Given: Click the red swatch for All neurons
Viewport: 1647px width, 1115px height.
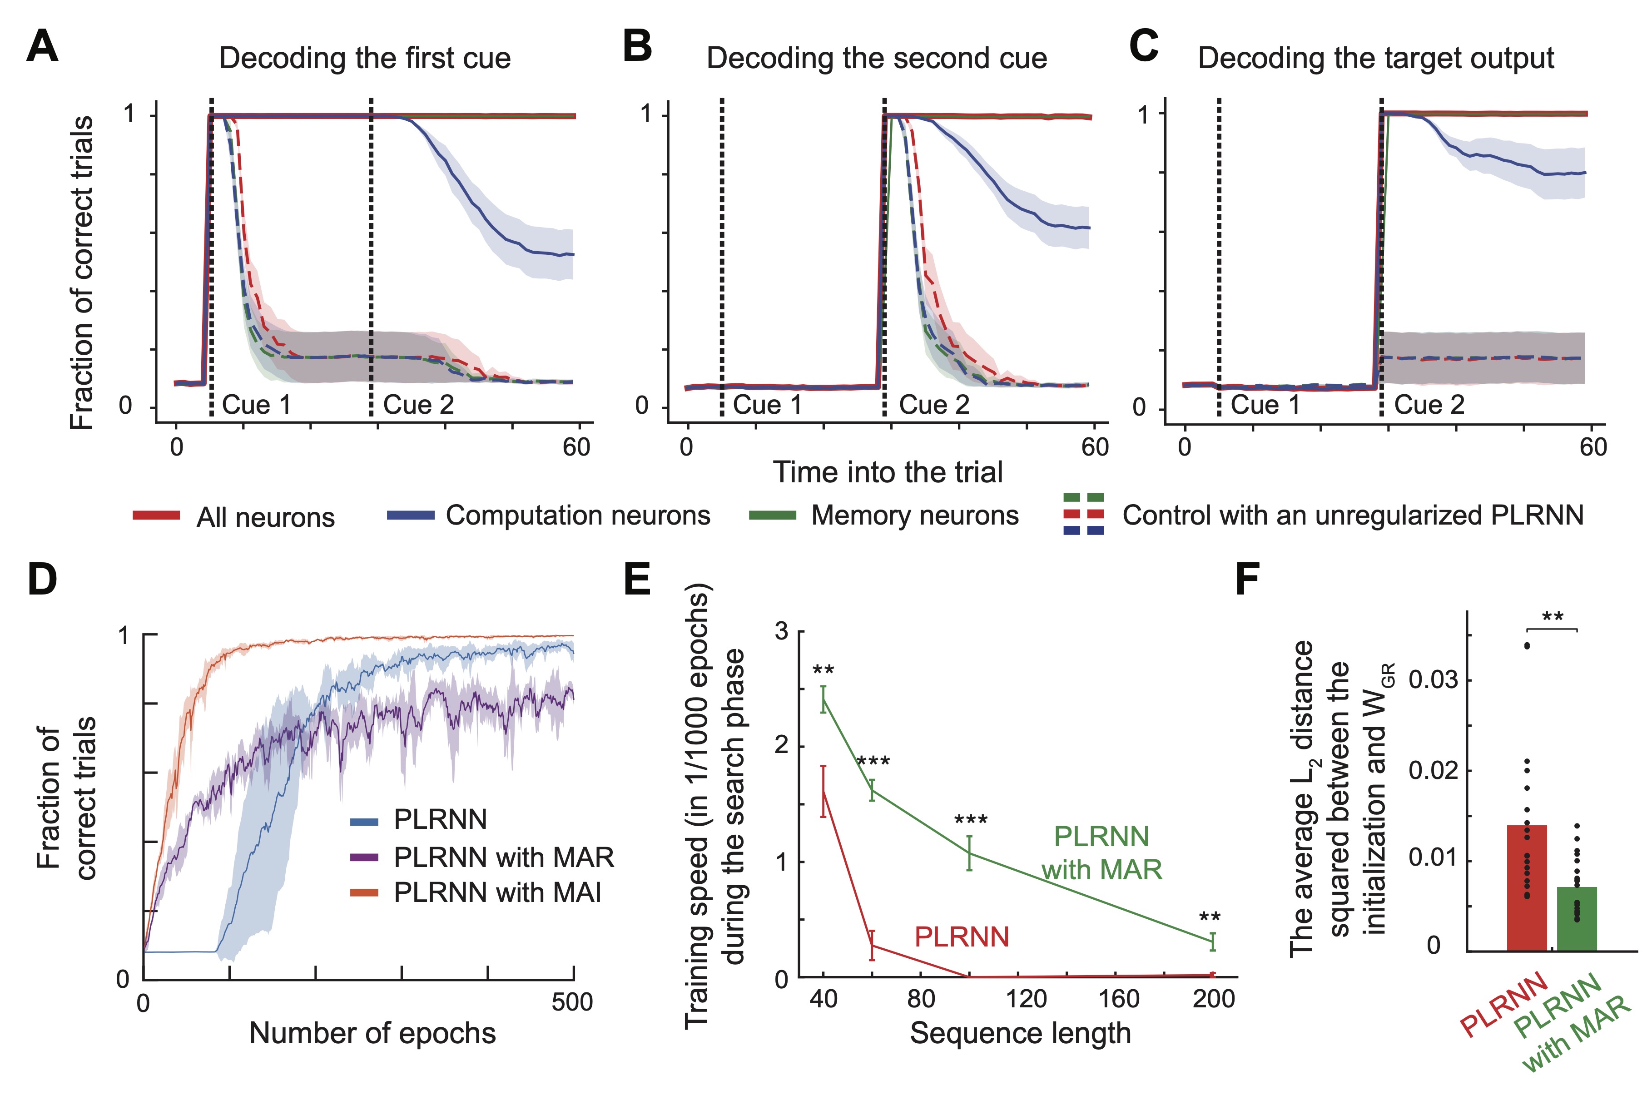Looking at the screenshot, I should (x=156, y=516).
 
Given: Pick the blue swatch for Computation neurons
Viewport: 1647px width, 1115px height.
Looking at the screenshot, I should (x=410, y=516).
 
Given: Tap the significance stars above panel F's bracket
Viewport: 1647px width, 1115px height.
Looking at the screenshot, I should (x=1552, y=617).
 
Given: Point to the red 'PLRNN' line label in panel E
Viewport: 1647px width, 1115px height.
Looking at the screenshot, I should (x=961, y=937).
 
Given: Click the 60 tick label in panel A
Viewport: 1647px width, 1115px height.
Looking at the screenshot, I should (x=576, y=448).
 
